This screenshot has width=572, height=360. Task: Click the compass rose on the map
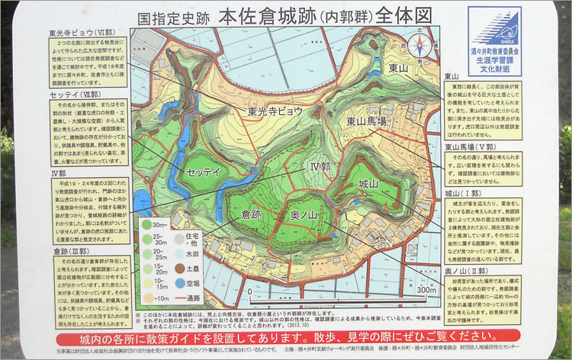pyautogui.click(x=417, y=47)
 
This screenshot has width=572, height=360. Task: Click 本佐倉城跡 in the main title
pyautogui.click(x=260, y=15)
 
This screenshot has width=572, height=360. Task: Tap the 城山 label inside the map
pyautogui.click(x=368, y=184)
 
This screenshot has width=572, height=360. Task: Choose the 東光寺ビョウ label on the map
pyautogui.click(x=275, y=111)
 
